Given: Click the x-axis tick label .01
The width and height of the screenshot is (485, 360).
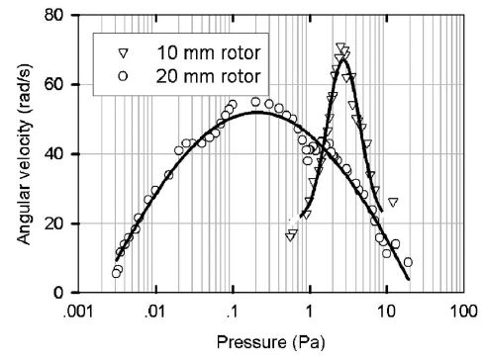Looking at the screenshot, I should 153,312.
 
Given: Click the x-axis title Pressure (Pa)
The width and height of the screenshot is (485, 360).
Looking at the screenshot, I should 269,342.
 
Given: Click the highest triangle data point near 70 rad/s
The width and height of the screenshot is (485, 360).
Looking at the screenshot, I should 340,46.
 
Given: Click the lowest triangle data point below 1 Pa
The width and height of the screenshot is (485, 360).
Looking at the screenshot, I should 291,235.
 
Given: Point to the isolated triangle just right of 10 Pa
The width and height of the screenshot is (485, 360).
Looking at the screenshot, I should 393,202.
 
